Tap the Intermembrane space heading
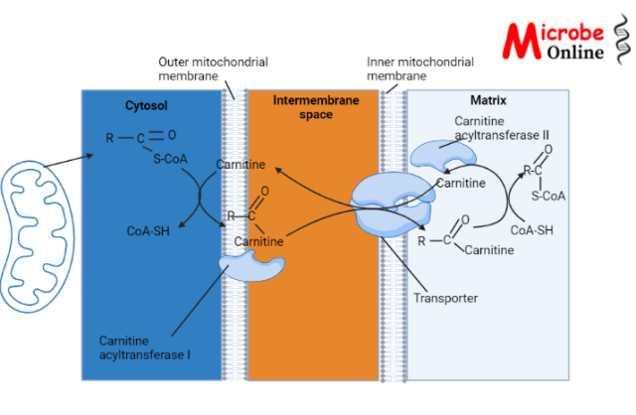click(x=312, y=109)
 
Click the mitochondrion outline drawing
click(x=38, y=224)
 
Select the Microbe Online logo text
click(x=561, y=40)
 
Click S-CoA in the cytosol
click(x=169, y=157)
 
